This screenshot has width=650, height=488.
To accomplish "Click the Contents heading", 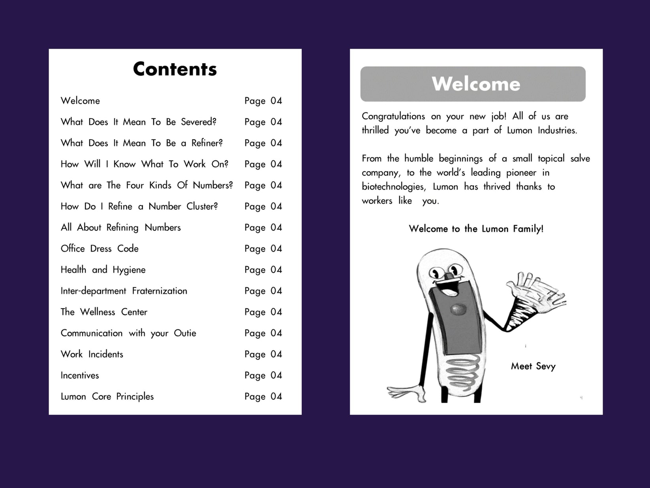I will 175,69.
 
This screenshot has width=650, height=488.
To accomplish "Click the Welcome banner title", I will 476,84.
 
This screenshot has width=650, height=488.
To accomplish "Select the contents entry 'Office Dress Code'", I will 100,249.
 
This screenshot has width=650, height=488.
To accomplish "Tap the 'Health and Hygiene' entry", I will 103,270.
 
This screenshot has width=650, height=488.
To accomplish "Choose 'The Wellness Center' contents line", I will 104,312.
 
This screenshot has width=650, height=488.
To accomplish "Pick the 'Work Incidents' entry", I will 92,354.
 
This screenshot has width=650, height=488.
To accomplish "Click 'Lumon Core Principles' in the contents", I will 107,396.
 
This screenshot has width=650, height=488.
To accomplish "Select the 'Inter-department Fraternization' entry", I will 124,291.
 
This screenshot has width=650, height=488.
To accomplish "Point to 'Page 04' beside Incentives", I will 263,375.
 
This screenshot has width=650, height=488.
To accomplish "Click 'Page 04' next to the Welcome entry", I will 263,101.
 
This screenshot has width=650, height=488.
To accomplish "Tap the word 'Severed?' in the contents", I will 199,122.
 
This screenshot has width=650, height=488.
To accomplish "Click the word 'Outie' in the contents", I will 185,333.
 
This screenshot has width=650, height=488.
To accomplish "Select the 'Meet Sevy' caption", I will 533,366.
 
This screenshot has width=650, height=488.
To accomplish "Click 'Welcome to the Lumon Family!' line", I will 476,229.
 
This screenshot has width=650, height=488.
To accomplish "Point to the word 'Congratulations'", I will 393,117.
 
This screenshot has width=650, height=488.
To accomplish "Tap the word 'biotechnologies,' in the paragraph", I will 394,187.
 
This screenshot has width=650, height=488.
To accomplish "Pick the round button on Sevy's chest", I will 458,309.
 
